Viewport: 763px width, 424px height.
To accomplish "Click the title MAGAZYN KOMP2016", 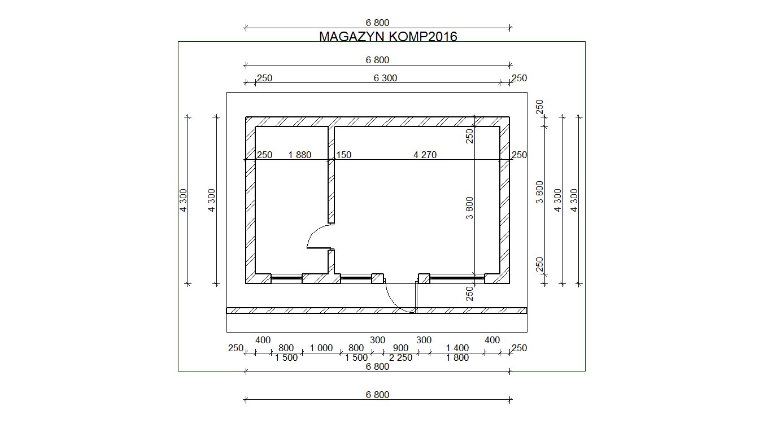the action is click(x=388, y=37).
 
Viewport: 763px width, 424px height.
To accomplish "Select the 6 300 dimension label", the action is click(x=385, y=78).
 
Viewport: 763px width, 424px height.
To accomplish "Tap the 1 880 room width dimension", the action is click(x=300, y=155).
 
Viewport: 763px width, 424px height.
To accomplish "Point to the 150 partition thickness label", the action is click(x=344, y=155).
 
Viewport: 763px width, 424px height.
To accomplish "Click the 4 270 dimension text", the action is click(x=425, y=155).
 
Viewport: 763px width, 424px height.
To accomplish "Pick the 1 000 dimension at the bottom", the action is click(x=321, y=348).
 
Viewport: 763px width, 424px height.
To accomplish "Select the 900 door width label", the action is click(x=400, y=348).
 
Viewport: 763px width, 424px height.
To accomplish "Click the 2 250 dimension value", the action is click(x=400, y=357).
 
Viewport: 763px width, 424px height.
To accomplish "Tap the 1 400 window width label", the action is click(x=457, y=348).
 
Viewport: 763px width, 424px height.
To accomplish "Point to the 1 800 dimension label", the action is click(x=457, y=357).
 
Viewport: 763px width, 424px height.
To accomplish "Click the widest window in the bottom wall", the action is click(x=457, y=278).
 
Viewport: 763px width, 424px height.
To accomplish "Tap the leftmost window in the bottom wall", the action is click(x=286, y=278).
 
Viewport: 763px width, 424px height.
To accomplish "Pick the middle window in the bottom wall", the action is click(x=356, y=278).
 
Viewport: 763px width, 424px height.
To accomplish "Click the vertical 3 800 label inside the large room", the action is click(x=470, y=208).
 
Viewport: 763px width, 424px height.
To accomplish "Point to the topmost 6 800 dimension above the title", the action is click(x=377, y=23).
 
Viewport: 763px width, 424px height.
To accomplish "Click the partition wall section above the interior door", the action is click(x=331, y=175).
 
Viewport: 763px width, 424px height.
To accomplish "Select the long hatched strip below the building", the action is click(x=377, y=311).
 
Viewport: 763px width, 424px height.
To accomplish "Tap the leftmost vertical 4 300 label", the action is click(x=183, y=200).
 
